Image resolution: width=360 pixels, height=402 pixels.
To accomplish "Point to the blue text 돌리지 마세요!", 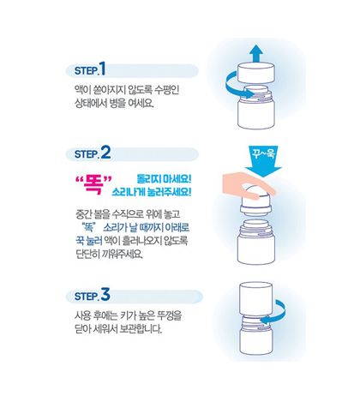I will [164, 175].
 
